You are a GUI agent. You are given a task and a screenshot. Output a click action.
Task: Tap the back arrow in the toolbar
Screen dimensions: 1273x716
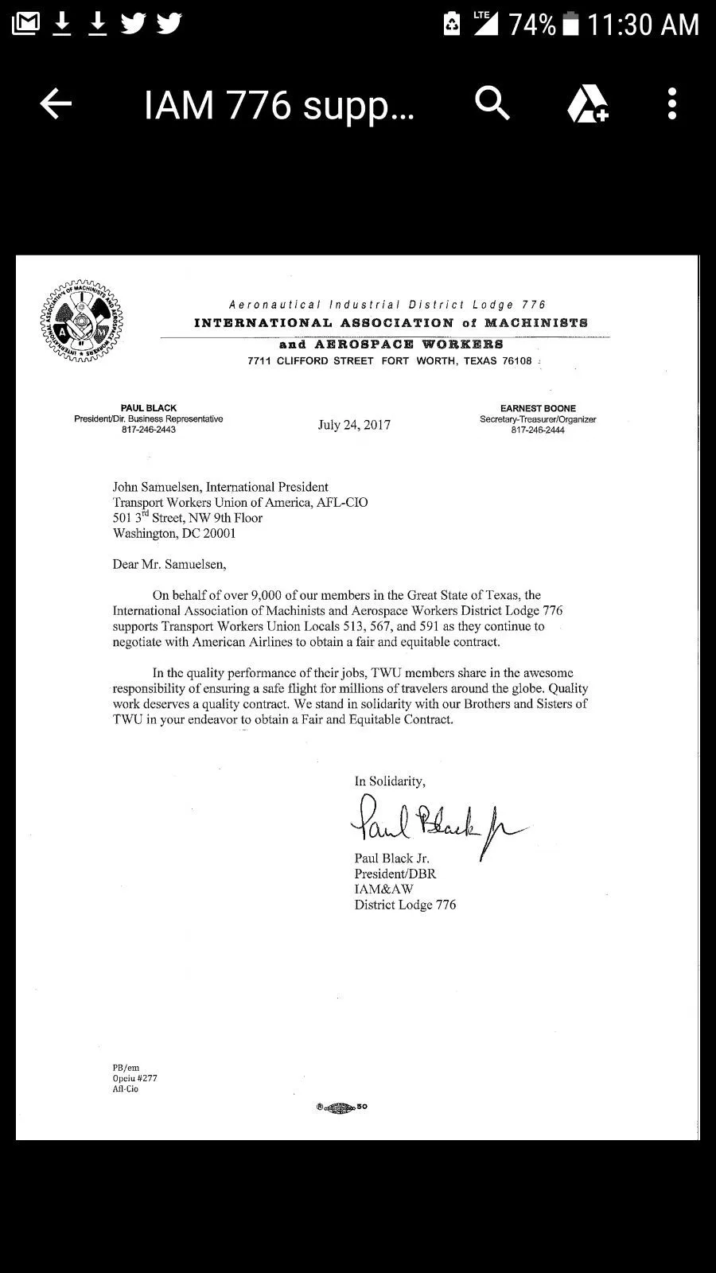pyautogui.click(x=56, y=104)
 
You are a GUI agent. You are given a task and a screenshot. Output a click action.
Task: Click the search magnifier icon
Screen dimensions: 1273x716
pyautogui.click(x=492, y=104)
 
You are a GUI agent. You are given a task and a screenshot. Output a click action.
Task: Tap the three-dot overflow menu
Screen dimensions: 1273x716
pyautogui.click(x=672, y=104)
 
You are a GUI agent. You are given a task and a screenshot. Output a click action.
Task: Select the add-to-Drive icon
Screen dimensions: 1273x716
pyautogui.click(x=587, y=104)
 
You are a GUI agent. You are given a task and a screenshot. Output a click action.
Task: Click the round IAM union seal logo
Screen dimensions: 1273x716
pyautogui.click(x=82, y=321)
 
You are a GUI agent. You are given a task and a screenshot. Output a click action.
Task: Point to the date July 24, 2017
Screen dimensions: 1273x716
pyautogui.click(x=354, y=425)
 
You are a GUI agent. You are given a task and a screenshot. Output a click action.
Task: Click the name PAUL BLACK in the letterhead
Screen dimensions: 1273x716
pyautogui.click(x=149, y=408)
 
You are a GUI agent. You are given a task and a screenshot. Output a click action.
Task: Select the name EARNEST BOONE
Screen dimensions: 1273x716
pyautogui.click(x=538, y=408)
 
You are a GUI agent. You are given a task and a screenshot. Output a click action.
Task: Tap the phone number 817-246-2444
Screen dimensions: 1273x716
pyautogui.click(x=538, y=430)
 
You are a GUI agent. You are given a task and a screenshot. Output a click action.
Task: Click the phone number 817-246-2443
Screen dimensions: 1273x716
pyautogui.click(x=149, y=430)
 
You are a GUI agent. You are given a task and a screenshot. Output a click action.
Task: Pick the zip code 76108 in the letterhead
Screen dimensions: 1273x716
pyautogui.click(x=514, y=361)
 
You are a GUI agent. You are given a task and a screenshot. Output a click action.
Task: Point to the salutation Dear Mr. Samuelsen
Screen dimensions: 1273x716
pyautogui.click(x=169, y=564)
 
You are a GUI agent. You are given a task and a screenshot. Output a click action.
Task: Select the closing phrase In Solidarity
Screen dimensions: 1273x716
pyautogui.click(x=390, y=781)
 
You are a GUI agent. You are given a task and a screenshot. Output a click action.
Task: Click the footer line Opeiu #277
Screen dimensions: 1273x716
pyautogui.click(x=134, y=1078)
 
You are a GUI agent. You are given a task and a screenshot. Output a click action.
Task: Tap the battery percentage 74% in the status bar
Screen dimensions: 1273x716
pyautogui.click(x=532, y=25)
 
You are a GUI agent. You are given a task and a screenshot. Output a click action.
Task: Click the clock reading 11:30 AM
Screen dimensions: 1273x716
pyautogui.click(x=643, y=25)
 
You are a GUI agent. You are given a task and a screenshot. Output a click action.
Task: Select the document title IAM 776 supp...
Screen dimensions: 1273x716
pyautogui.click(x=278, y=104)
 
